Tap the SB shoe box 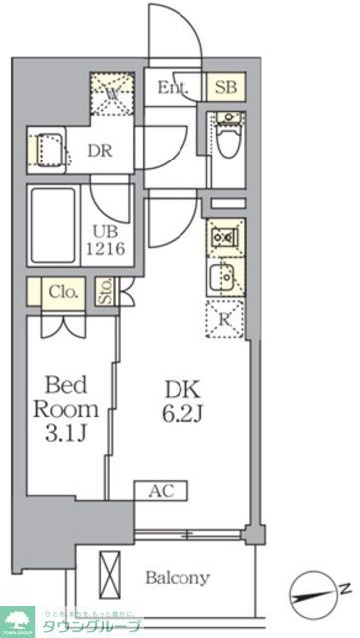(224, 88)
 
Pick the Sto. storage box (105, 292)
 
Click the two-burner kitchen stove (224, 241)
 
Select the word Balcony (177, 578)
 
